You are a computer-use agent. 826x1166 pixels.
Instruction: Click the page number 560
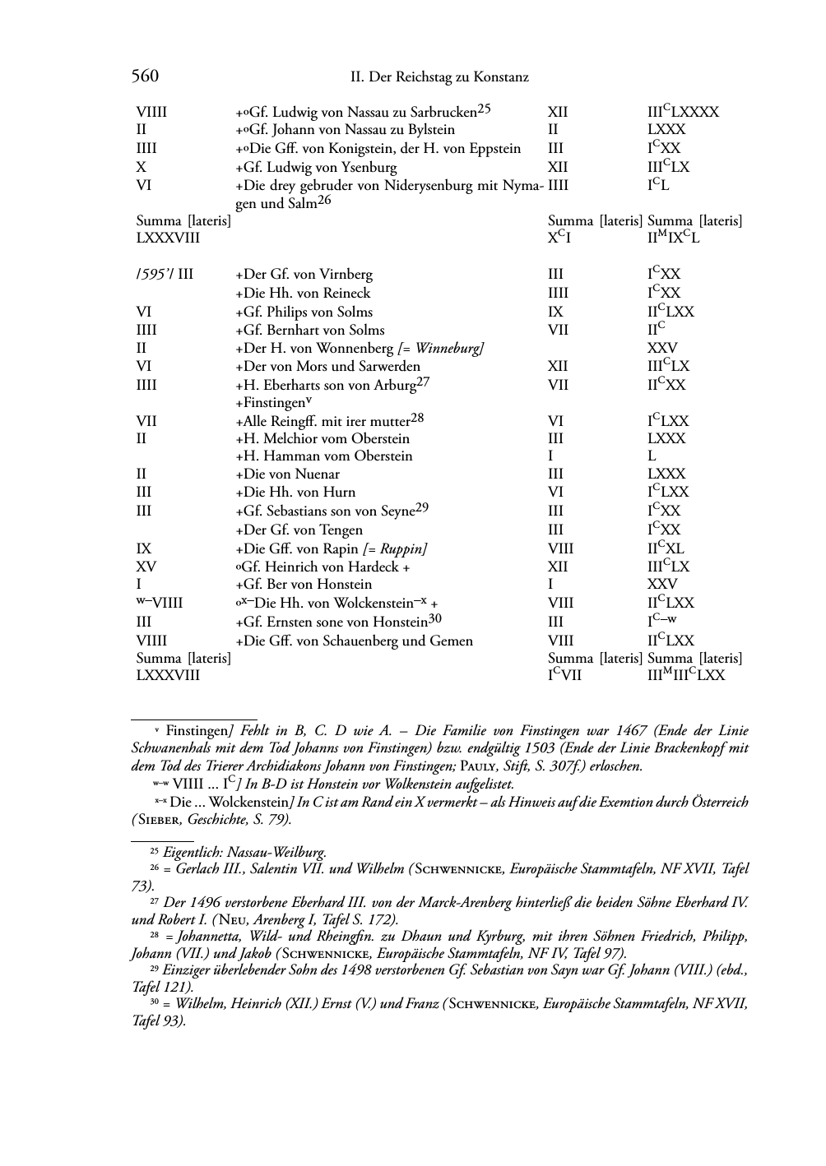tap(145, 76)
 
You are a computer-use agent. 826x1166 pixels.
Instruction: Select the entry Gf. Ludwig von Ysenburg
tap(316, 168)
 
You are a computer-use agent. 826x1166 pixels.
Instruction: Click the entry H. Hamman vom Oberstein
tap(324, 456)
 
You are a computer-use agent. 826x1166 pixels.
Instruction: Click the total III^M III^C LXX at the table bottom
tap(686, 677)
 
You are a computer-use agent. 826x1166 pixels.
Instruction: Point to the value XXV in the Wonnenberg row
tap(662, 349)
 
